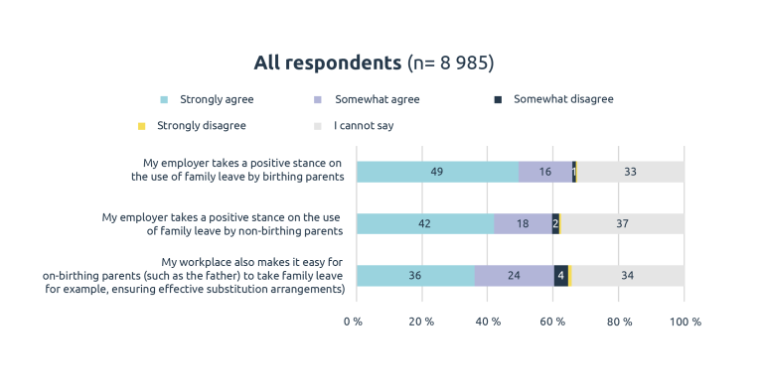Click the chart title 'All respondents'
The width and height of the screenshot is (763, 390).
[327, 64]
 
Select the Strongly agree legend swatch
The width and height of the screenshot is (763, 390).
[165, 99]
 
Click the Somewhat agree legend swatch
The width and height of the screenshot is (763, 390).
[318, 99]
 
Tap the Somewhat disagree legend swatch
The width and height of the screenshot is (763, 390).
[498, 99]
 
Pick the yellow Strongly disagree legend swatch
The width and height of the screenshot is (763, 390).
[141, 126]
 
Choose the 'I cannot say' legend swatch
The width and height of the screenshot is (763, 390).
[318, 126]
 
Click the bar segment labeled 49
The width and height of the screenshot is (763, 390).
[437, 172]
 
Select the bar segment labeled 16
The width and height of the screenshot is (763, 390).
[544, 172]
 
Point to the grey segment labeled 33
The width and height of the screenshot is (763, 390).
[630, 172]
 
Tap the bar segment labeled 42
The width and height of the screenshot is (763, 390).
[425, 223]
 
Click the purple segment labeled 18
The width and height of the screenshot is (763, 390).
[523, 223]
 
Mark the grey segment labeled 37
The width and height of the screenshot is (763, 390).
[623, 223]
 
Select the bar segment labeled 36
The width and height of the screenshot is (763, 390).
[415, 276]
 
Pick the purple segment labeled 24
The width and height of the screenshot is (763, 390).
[514, 276]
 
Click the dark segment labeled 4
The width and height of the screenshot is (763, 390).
[561, 276]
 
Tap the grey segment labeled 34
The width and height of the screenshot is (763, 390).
[628, 276]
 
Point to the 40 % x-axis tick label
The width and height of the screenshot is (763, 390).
[488, 322]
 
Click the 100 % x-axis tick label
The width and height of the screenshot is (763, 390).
[686, 322]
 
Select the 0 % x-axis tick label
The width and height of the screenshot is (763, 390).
[354, 322]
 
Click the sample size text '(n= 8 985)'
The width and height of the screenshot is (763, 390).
[451, 64]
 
